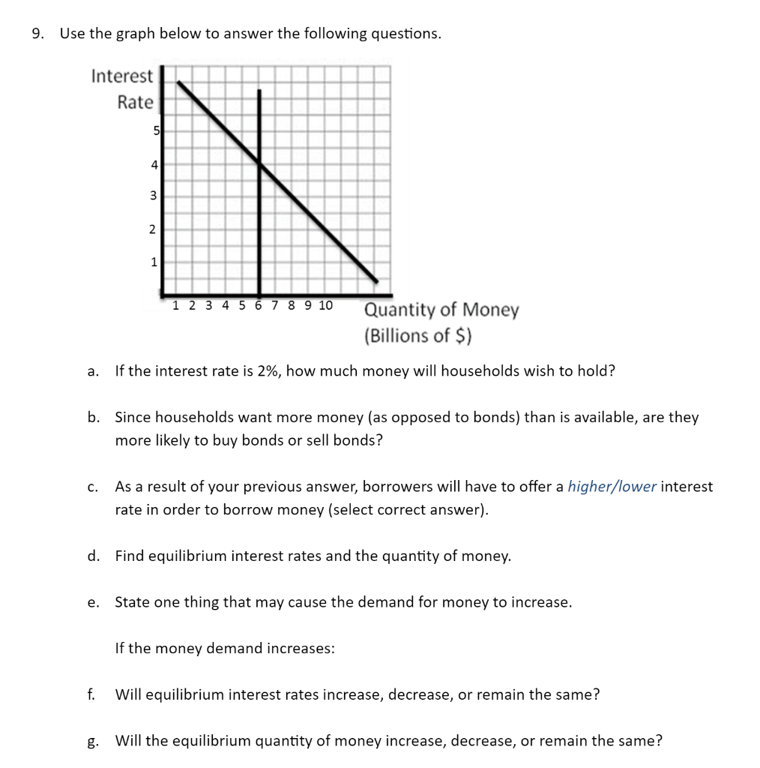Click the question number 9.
(x=37, y=34)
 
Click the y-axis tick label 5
(x=156, y=130)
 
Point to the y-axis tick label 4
(x=154, y=163)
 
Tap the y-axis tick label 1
(x=154, y=262)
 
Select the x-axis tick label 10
(x=325, y=305)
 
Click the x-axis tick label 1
(x=175, y=305)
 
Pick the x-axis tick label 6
(x=259, y=305)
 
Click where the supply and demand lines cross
(x=259, y=163)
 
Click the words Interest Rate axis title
(x=123, y=89)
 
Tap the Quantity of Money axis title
(x=441, y=310)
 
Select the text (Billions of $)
(x=417, y=335)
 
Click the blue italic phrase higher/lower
(x=612, y=487)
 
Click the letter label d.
(x=93, y=556)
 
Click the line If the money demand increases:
(x=224, y=648)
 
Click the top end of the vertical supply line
(x=259, y=91)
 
